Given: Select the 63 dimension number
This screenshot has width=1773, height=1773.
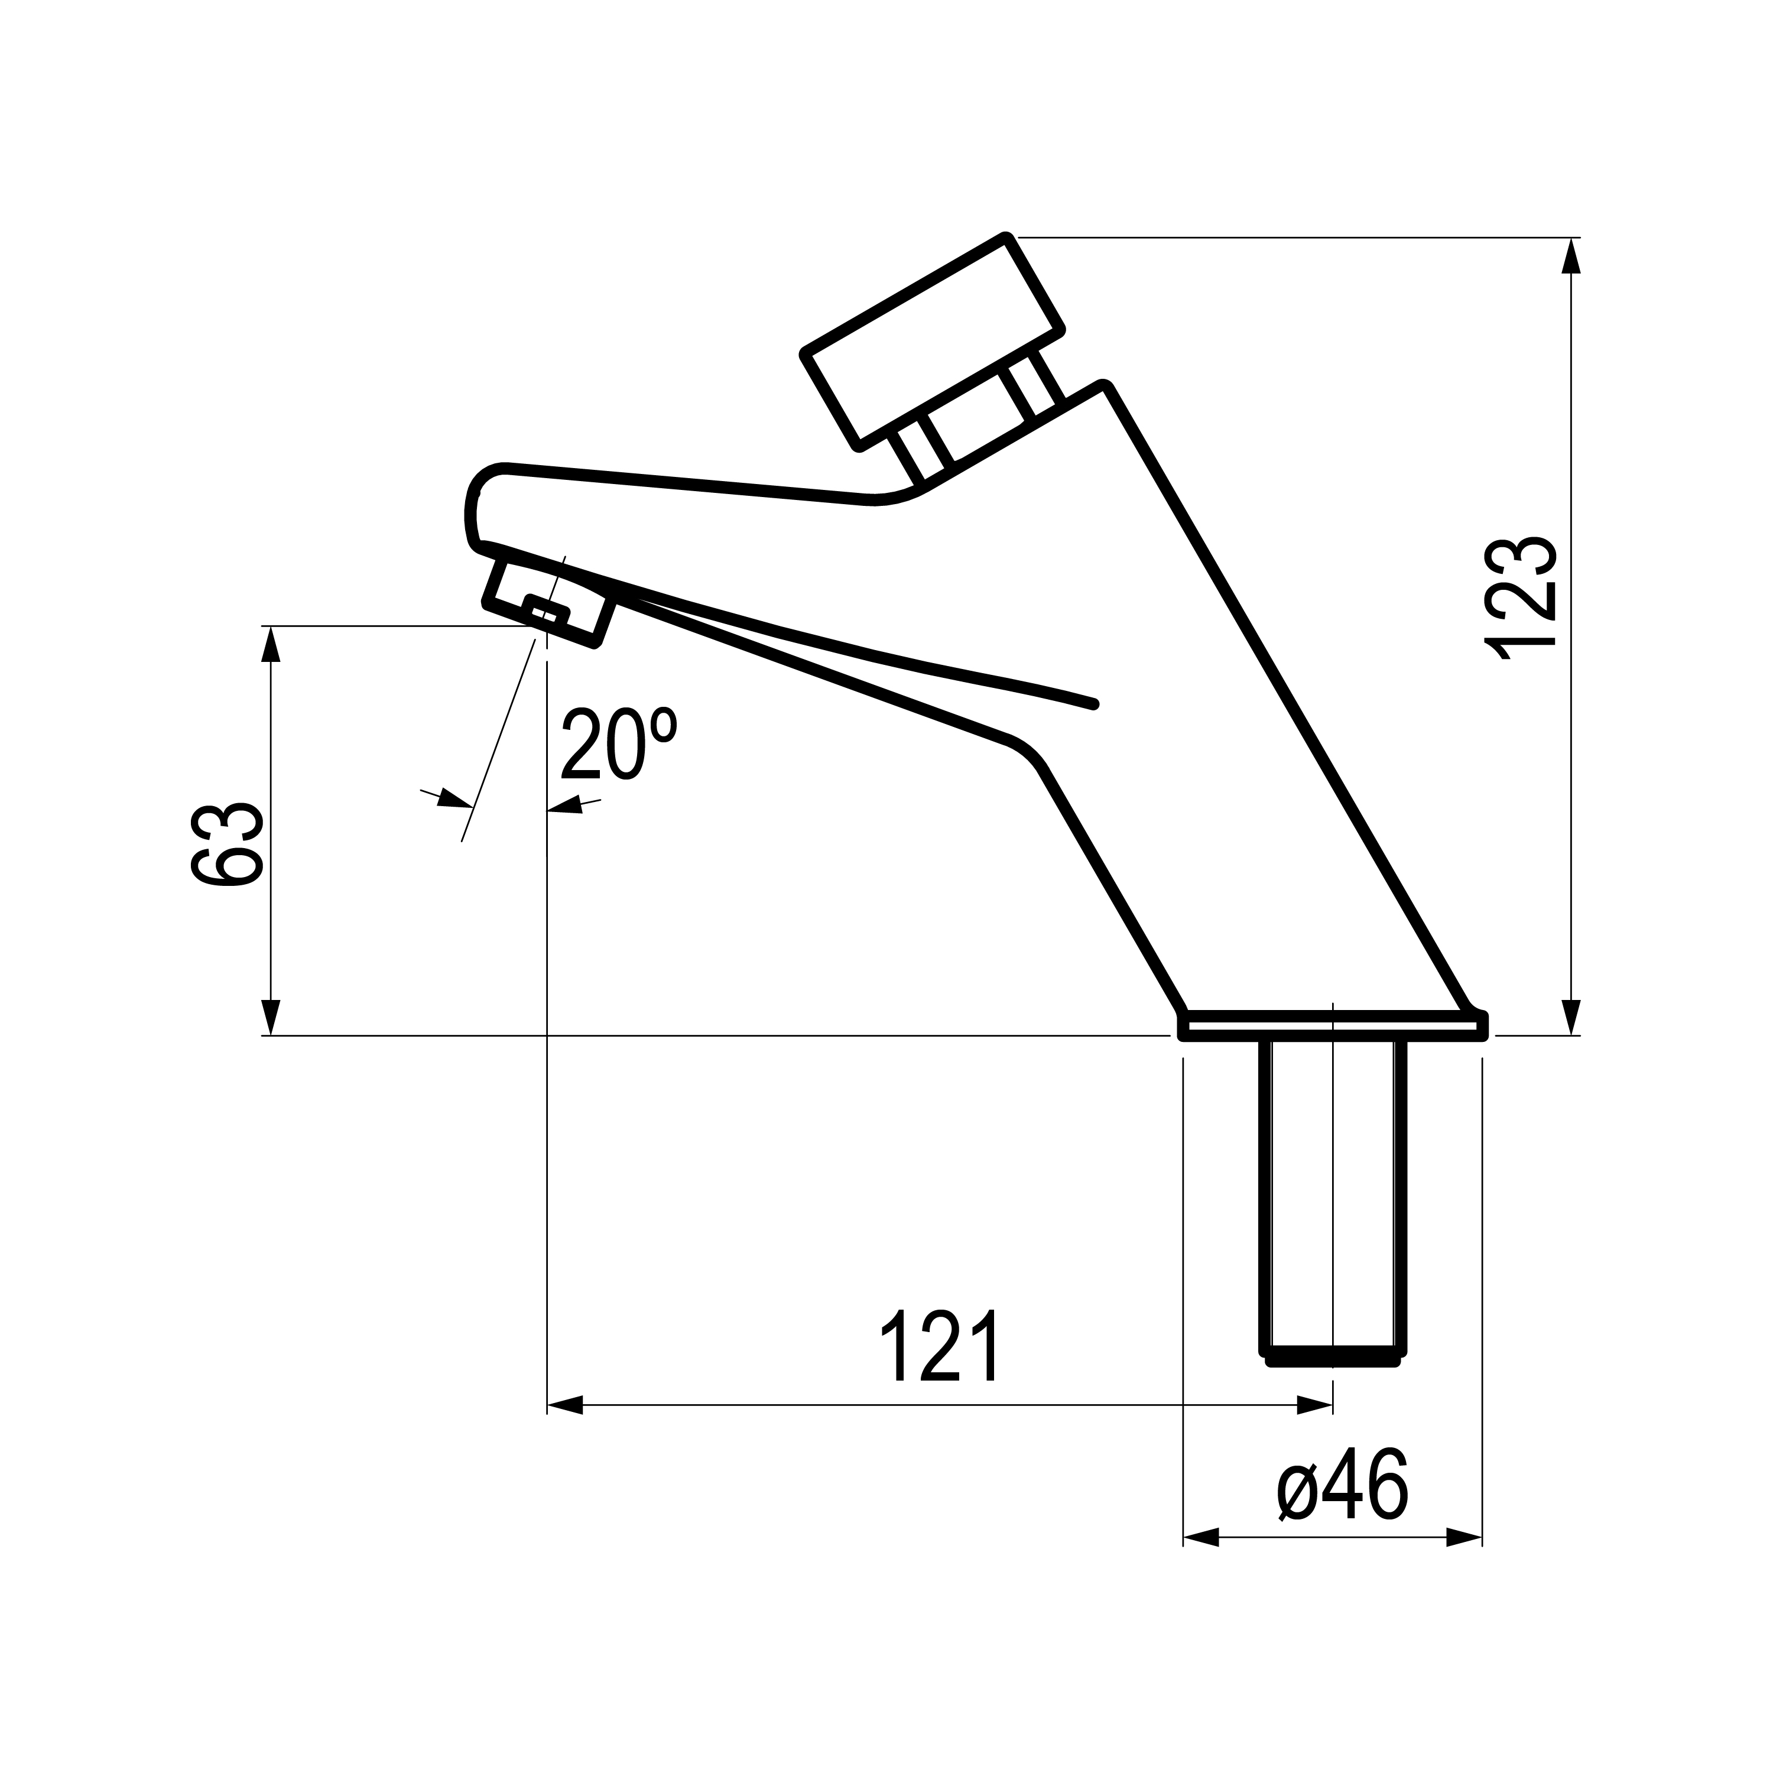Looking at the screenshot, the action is tap(228, 845).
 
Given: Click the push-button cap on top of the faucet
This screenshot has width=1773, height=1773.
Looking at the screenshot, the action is tap(933, 342).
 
